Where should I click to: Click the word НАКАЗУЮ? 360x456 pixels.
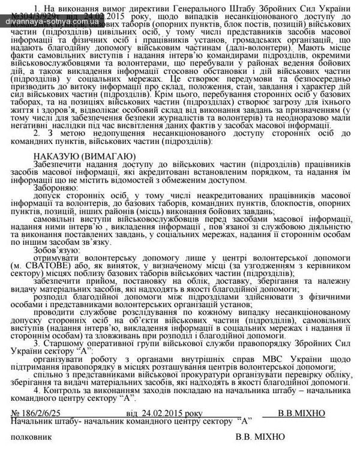(x=55, y=156)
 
